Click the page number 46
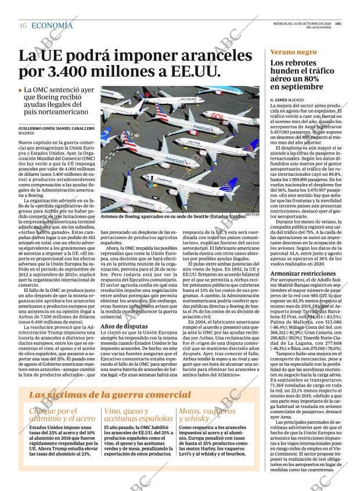pos(23,26)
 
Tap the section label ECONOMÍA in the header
pos(52,26)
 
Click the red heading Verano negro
pos(294,52)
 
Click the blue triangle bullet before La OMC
pos(21,91)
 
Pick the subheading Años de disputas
pos(121,326)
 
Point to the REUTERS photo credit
pos(251,214)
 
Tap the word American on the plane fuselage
pos(174,158)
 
